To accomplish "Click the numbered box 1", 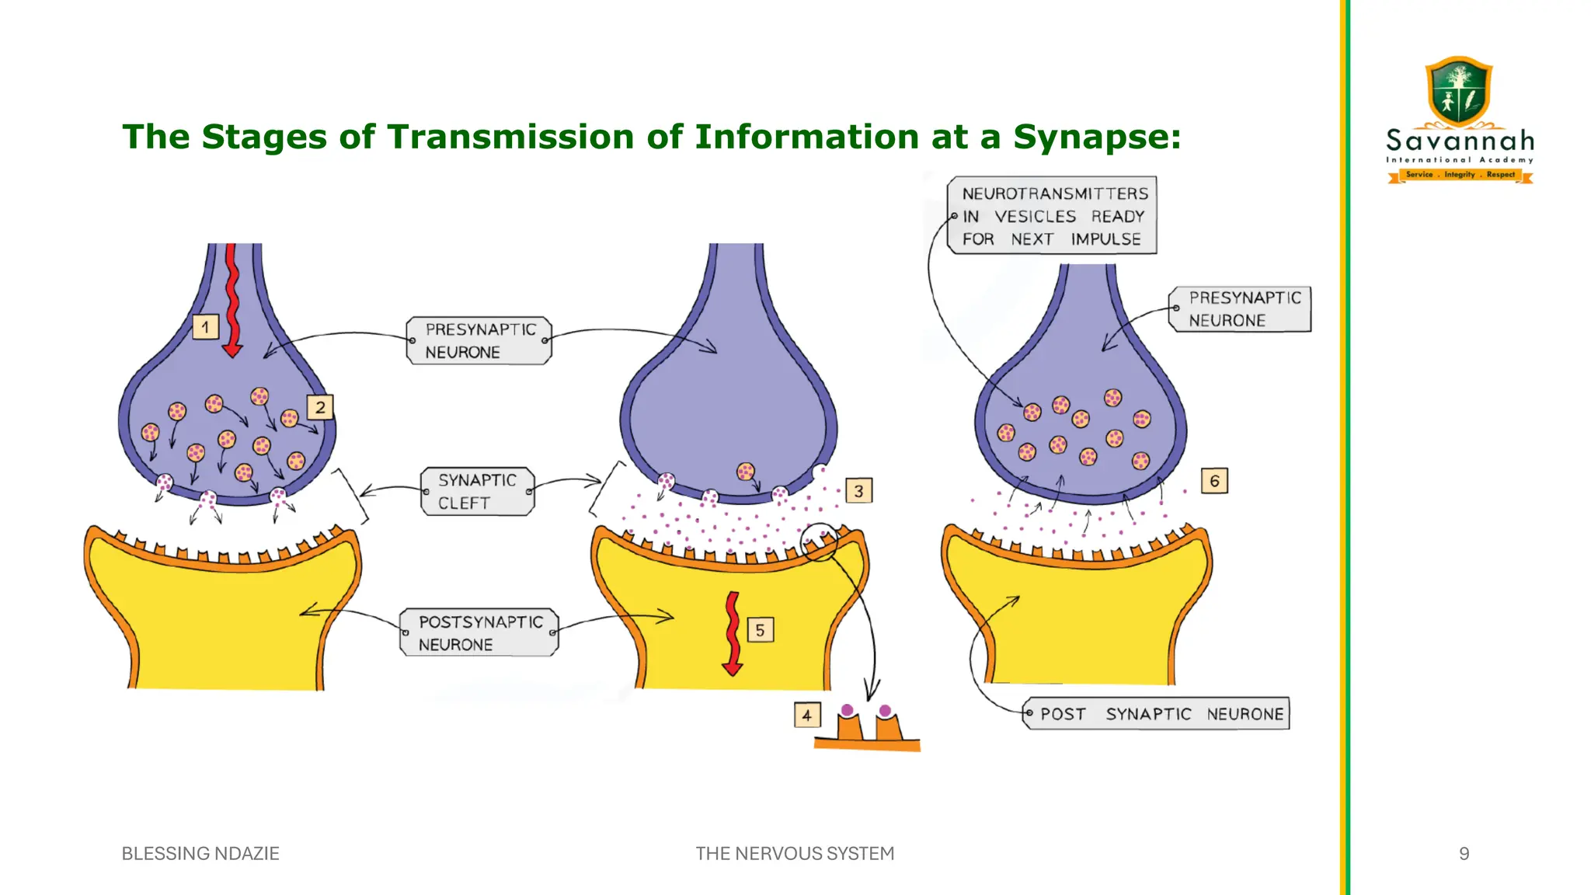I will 206,327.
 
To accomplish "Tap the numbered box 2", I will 320,407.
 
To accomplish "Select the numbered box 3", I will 858,491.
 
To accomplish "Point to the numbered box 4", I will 807,715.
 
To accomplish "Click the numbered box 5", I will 760,630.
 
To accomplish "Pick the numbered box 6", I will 1214,481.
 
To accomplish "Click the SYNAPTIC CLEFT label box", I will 478,491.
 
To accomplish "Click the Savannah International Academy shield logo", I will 1460,92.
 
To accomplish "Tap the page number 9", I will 1464,854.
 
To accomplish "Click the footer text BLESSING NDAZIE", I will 200,854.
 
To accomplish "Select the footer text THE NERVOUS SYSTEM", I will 795,854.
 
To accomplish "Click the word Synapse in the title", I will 1096,138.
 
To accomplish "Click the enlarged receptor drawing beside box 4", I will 868,727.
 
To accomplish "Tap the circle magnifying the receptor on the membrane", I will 820,542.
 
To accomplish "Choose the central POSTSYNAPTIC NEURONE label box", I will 479,632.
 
